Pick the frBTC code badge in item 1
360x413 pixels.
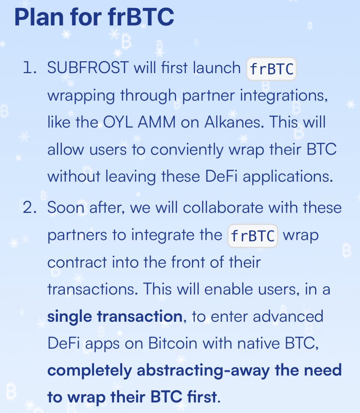click(271, 69)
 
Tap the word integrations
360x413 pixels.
click(282, 95)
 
